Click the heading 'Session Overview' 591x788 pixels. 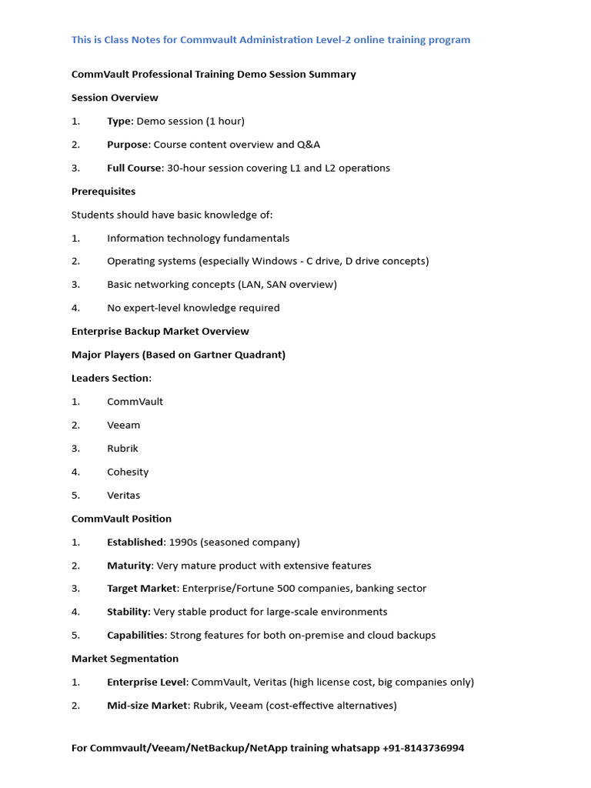point(115,98)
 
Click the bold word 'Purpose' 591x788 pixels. point(127,145)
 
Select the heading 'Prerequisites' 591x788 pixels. point(103,192)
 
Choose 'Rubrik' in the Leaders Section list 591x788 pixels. point(122,449)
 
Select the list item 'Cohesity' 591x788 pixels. point(128,472)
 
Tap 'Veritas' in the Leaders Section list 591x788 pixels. point(123,496)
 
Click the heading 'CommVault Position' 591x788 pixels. point(122,519)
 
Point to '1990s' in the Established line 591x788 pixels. point(183,543)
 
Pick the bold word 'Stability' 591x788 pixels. point(128,612)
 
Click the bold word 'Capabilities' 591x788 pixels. point(136,636)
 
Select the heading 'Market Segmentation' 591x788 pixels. point(125,659)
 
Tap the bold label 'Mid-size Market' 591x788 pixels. point(147,706)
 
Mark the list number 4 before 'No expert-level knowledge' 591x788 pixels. point(75,308)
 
